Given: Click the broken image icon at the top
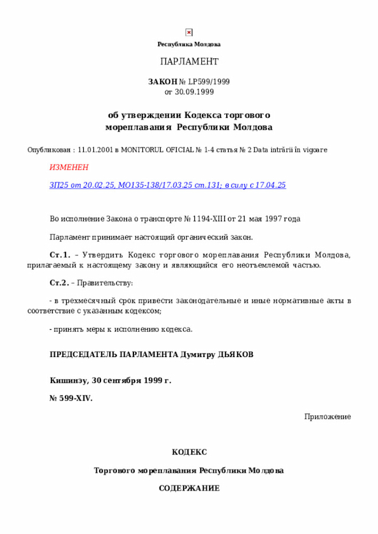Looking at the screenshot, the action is click(188, 32).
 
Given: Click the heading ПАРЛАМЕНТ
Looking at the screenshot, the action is click(189, 62).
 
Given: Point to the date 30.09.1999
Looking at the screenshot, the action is click(194, 92).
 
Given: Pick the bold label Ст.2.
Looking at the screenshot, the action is click(60, 283).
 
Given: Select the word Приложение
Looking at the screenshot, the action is click(328, 417).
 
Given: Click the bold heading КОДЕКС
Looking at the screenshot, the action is click(189, 452).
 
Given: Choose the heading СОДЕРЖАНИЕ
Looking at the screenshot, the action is click(189, 489).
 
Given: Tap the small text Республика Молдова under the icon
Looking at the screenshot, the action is click(189, 44).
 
